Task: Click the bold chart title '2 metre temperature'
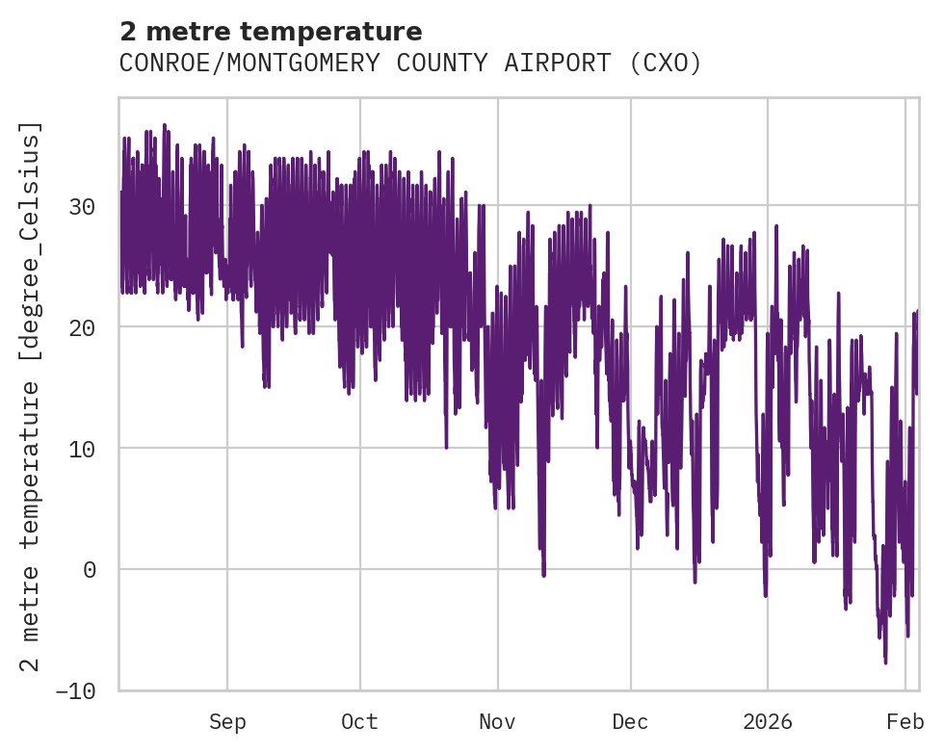(x=271, y=32)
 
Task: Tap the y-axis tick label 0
(x=90, y=570)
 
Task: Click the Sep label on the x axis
(x=227, y=722)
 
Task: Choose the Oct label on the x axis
(x=359, y=722)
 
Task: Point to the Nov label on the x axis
(x=498, y=722)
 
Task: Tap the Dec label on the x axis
(x=630, y=722)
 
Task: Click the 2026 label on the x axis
(x=768, y=722)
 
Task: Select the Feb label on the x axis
(x=905, y=722)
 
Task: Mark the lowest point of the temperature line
(x=885, y=662)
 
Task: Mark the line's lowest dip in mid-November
(x=543, y=576)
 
